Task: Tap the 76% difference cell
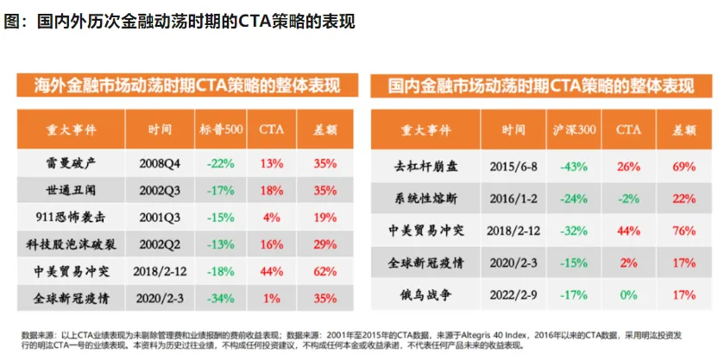(x=683, y=230)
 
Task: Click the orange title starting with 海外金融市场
(x=185, y=85)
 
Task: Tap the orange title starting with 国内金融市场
(x=540, y=85)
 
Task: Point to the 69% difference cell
(x=683, y=166)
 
